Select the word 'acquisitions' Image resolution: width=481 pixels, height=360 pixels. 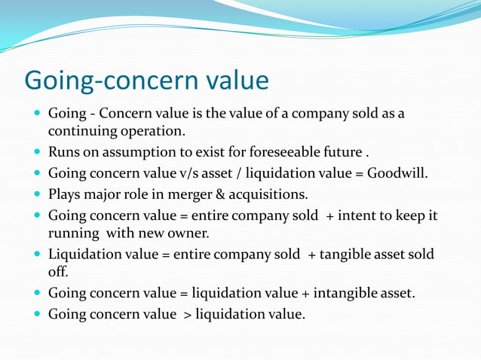tap(272, 194)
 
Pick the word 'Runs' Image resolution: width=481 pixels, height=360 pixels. tap(62, 152)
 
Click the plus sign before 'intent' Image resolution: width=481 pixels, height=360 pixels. tap(331, 216)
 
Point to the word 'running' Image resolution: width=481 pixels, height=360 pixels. tap(74, 233)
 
